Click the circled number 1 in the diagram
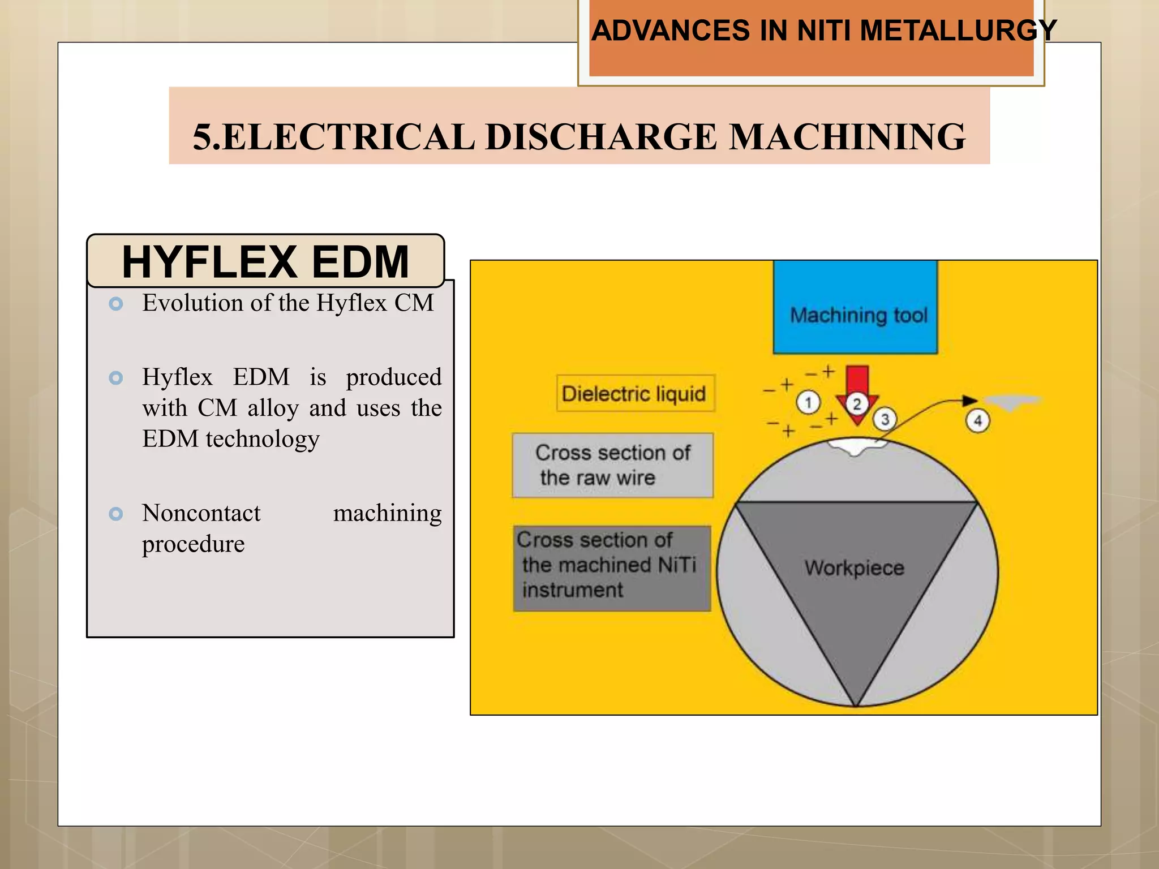click(x=808, y=403)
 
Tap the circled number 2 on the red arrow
click(x=857, y=404)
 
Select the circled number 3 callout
click(x=885, y=419)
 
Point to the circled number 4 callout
click(x=977, y=420)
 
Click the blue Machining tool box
click(x=855, y=308)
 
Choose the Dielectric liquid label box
click(x=635, y=393)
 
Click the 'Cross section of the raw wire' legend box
click(x=612, y=465)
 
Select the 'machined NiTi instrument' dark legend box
click(x=612, y=568)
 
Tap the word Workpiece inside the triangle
click(x=855, y=567)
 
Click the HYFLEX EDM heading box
click(x=265, y=261)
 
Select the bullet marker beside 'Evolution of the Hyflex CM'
click(x=116, y=304)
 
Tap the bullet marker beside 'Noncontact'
click(x=116, y=514)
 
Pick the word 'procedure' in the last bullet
click(x=193, y=544)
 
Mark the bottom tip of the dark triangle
click(x=856, y=704)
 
